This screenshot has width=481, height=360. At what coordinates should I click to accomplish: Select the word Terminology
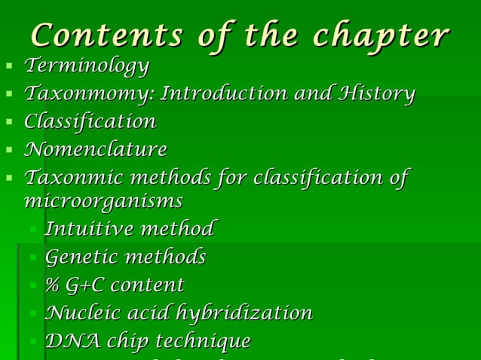point(87,66)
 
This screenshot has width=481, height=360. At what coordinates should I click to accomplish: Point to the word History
point(377,94)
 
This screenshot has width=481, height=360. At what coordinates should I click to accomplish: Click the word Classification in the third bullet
point(90,121)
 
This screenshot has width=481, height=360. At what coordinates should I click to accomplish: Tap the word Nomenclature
point(96,149)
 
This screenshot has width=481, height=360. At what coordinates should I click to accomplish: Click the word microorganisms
point(104,201)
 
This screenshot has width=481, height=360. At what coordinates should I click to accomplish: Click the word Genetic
point(81,257)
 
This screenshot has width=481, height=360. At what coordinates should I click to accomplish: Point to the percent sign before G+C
point(52,285)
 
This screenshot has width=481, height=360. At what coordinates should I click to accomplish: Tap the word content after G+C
point(150,285)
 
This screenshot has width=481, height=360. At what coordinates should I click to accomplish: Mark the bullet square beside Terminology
point(9,68)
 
